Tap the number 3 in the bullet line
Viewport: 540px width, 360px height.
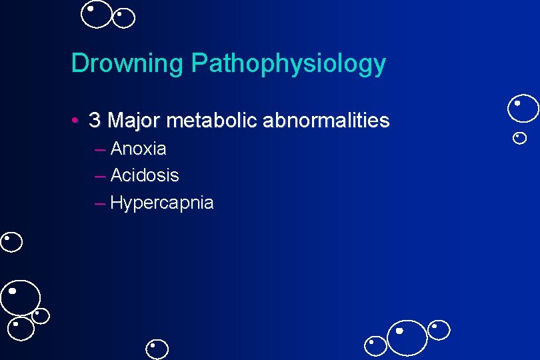pos(95,121)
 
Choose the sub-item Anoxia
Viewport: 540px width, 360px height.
pos(138,148)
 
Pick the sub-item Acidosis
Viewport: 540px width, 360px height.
pos(144,175)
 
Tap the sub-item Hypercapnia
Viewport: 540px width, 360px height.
pos(161,203)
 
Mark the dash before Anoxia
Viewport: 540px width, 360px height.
pos(100,149)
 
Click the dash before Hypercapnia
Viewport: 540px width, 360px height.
pos(100,203)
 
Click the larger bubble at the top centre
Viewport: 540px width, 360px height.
pos(97,15)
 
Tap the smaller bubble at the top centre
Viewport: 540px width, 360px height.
pos(124,18)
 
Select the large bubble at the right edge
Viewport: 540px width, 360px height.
pos(523,109)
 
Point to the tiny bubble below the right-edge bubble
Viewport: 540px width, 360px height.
pos(520,138)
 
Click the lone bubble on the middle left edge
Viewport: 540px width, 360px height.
pos(11,242)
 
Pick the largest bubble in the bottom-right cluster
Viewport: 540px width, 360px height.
pos(407,337)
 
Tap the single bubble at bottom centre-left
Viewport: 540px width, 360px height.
pos(158,349)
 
